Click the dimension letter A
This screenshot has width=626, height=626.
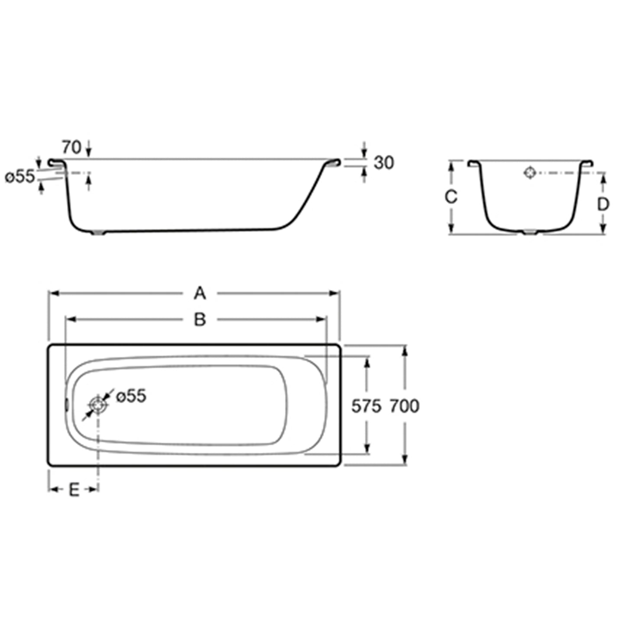pyautogui.click(x=200, y=294)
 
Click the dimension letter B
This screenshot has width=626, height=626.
pyautogui.click(x=200, y=320)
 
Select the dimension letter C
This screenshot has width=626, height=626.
pyautogui.click(x=451, y=197)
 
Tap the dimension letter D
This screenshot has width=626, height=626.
pyautogui.click(x=603, y=204)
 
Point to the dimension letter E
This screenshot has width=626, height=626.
pyautogui.click(x=74, y=490)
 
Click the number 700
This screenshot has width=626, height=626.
pyautogui.click(x=404, y=406)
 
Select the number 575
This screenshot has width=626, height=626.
pyautogui.click(x=366, y=406)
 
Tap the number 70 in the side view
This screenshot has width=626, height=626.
pyautogui.click(x=71, y=147)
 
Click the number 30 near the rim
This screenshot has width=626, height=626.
pyautogui.click(x=384, y=163)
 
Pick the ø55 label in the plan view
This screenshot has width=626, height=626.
pyautogui.click(x=131, y=396)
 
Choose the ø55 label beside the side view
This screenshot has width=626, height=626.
pyautogui.click(x=19, y=176)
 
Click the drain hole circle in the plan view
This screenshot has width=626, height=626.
pyautogui.click(x=98, y=405)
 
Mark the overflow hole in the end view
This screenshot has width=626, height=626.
pyautogui.click(x=530, y=172)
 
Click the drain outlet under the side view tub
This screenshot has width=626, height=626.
pyautogui.click(x=99, y=233)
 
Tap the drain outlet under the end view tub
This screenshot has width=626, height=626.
pyautogui.click(x=529, y=233)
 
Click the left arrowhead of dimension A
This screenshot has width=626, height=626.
pyautogui.click(x=52, y=294)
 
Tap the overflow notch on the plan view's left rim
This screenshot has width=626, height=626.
pyautogui.click(x=67, y=405)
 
